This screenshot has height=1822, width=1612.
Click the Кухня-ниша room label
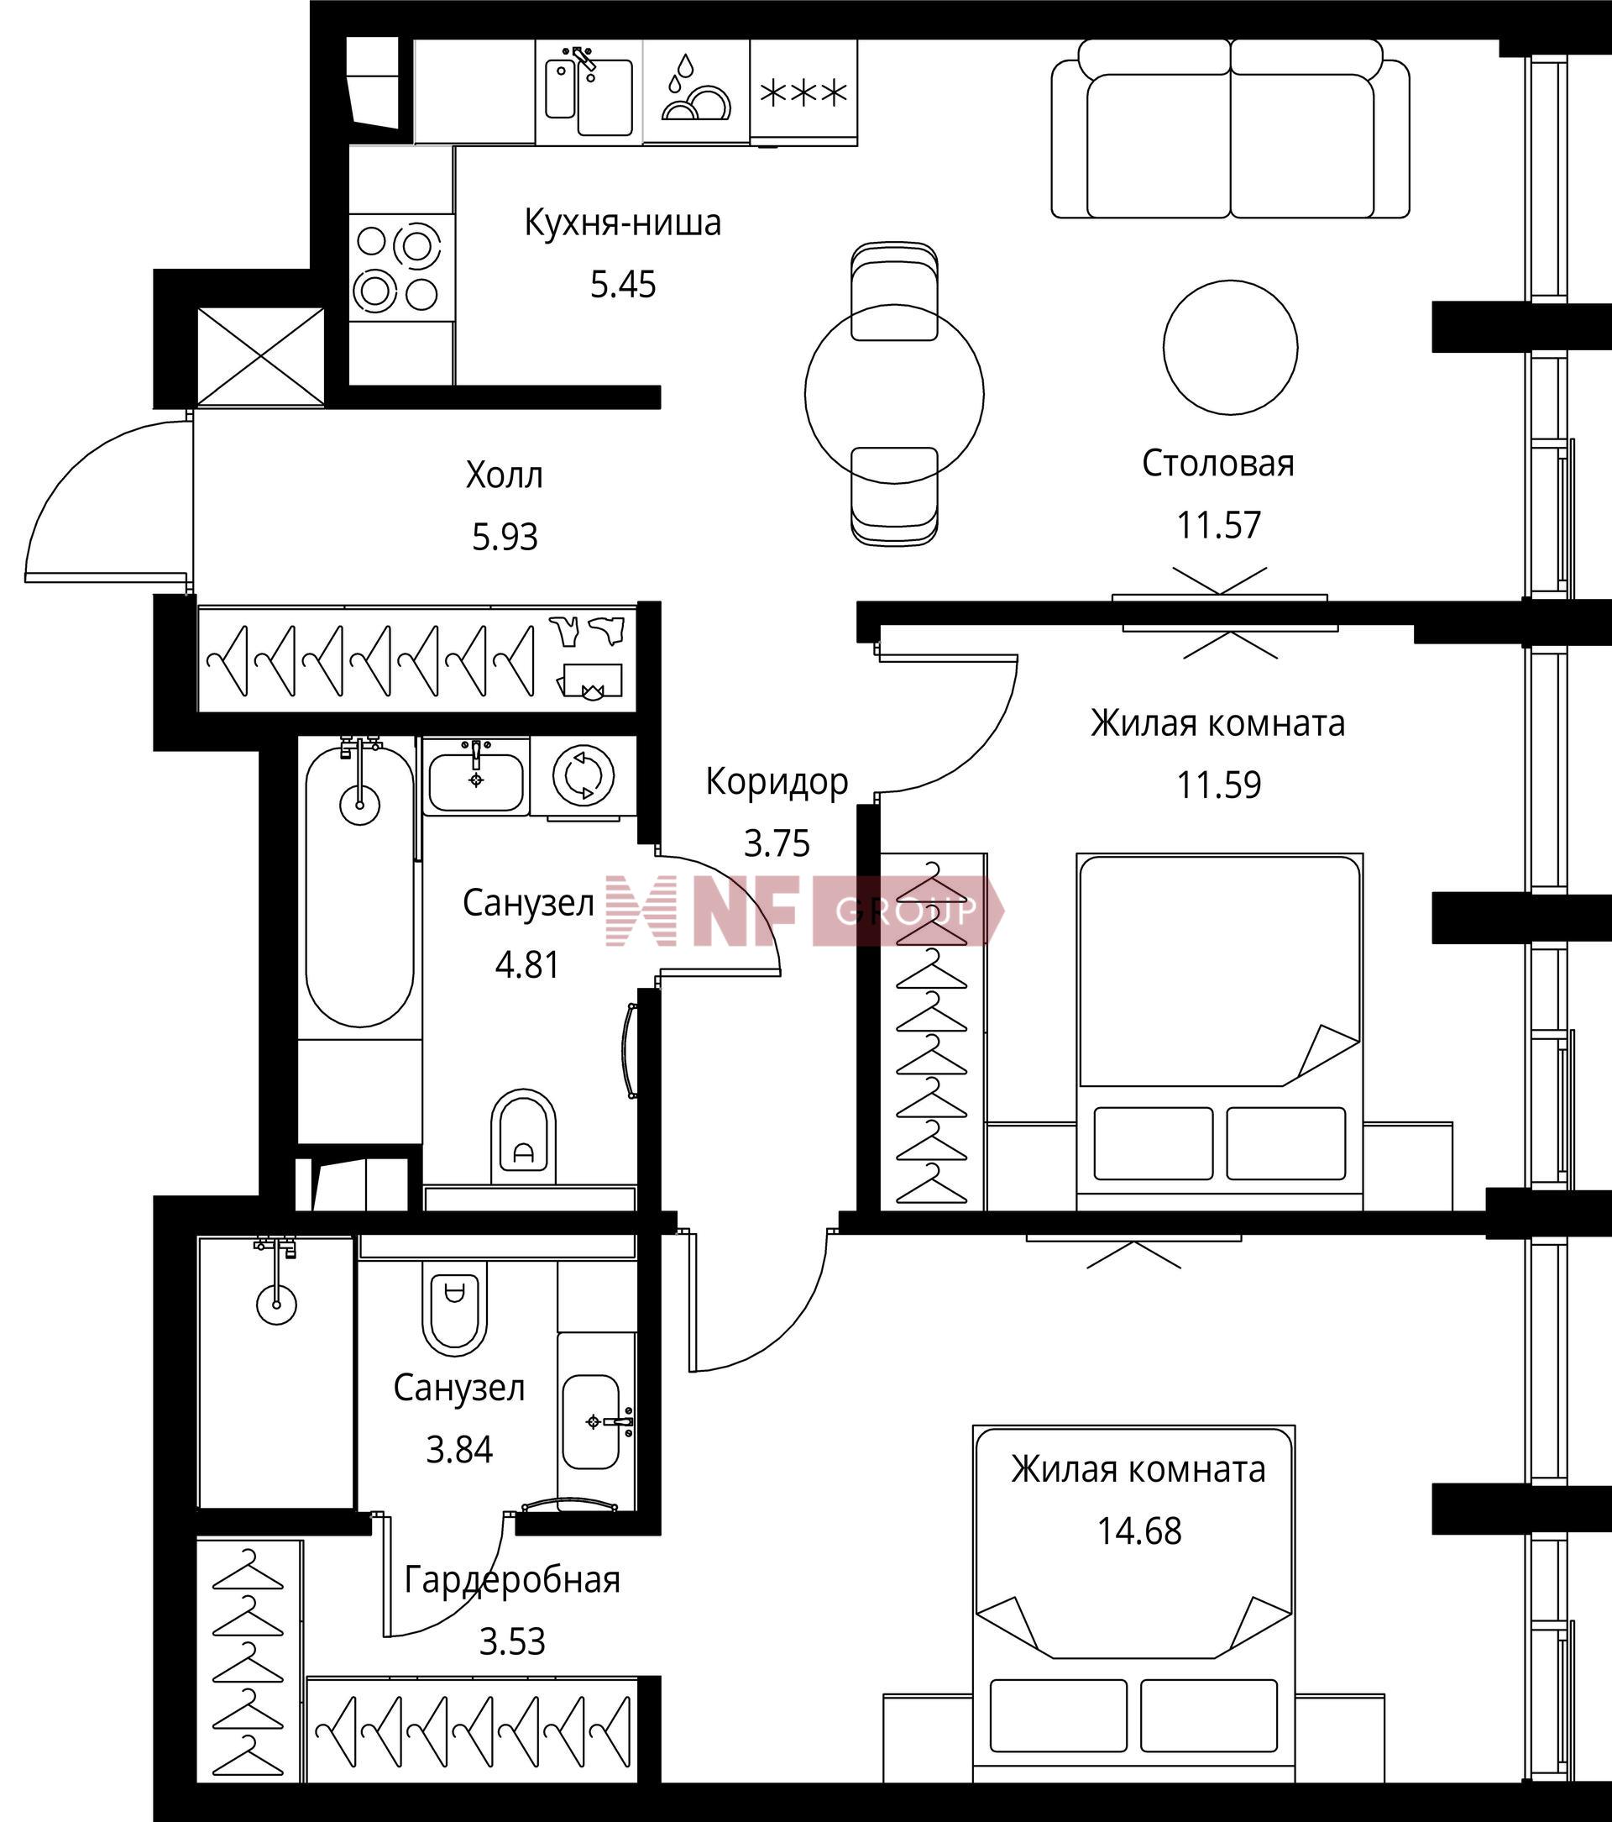click(622, 223)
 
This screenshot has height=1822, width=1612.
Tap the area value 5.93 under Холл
click(505, 538)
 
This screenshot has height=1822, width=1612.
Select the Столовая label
click(1218, 464)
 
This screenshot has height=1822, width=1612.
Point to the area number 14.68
click(1138, 1531)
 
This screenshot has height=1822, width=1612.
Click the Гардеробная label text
click(512, 1579)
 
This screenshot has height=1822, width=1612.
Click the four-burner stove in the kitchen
click(401, 267)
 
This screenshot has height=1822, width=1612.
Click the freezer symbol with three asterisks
click(803, 92)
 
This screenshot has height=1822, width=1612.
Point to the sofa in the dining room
click(1230, 129)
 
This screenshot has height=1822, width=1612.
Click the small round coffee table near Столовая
click(1230, 348)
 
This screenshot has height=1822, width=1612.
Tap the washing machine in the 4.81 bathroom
click(584, 775)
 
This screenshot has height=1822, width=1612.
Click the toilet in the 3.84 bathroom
click(454, 1312)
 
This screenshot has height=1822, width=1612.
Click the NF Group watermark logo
click(804, 910)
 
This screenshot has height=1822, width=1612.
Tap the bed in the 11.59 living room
click(1219, 1032)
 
